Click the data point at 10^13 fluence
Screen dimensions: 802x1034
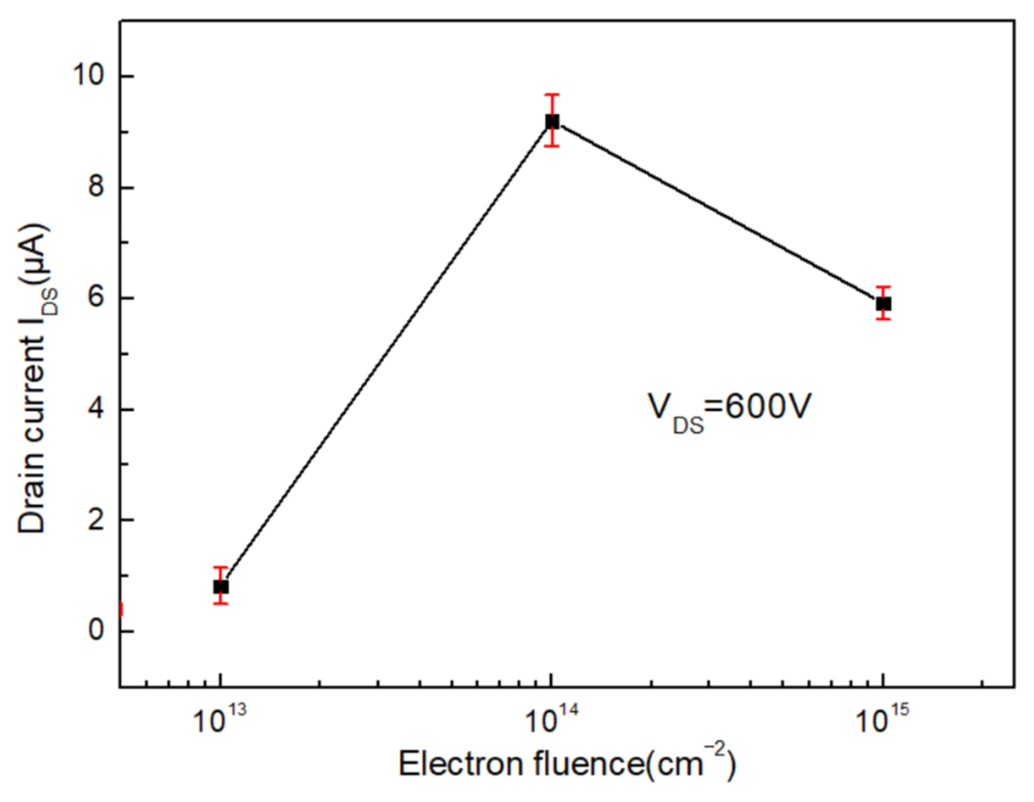(221, 587)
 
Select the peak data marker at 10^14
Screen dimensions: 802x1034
(552, 121)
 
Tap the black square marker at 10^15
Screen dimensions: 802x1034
(883, 304)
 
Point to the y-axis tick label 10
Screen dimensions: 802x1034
(88, 76)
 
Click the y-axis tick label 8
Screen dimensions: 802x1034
(96, 187)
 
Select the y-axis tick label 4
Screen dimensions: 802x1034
(96, 409)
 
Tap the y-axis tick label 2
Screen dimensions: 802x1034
(96, 520)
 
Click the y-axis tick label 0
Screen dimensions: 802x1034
(96, 631)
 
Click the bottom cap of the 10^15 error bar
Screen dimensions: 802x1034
(883, 319)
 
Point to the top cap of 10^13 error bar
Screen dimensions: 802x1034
(221, 567)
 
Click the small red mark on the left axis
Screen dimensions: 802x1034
(121, 609)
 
